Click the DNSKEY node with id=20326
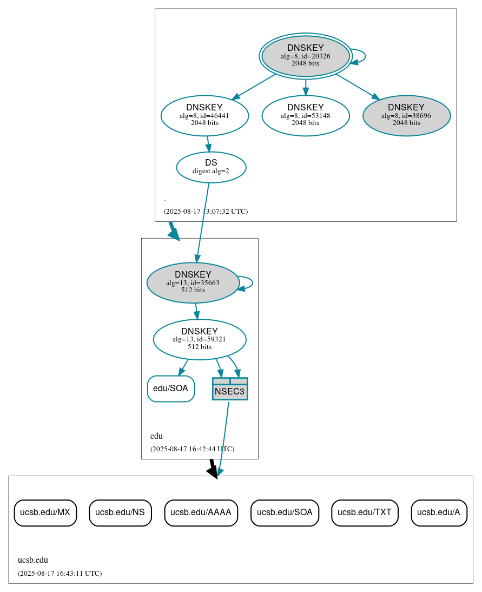305,56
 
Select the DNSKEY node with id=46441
204,115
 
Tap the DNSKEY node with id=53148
305,115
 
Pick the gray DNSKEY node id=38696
406,115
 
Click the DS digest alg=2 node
211,167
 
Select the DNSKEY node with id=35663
193,282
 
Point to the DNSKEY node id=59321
200,339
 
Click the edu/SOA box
170,389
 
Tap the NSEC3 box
230,389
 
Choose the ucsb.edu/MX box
45,512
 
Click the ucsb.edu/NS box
120,512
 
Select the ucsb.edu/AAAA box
201,512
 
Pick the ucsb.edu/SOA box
285,512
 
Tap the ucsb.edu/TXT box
365,512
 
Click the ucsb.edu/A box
439,512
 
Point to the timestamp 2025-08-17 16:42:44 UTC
192,449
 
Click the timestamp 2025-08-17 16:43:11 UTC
60,573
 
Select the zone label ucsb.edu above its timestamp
33,560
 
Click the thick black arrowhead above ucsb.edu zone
213,472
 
